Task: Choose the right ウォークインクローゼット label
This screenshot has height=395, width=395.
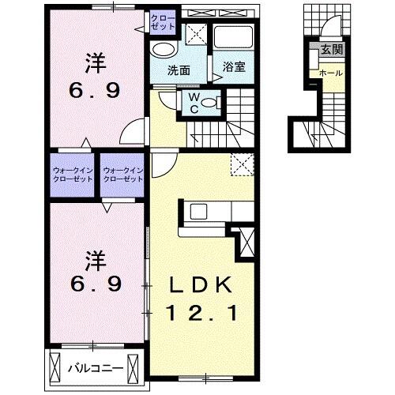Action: pyautogui.click(x=122, y=174)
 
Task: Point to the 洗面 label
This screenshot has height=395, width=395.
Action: pyautogui.click(x=179, y=69)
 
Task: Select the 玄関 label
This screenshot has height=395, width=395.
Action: pyautogui.click(x=332, y=49)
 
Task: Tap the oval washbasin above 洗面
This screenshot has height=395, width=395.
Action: pyautogui.click(x=163, y=49)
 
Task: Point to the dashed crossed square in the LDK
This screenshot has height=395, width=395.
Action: pyautogui.click(x=239, y=165)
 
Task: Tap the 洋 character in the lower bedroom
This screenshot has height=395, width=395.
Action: pyautogui.click(x=94, y=259)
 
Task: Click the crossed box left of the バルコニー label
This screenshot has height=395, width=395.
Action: pyautogui.click(x=55, y=367)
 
